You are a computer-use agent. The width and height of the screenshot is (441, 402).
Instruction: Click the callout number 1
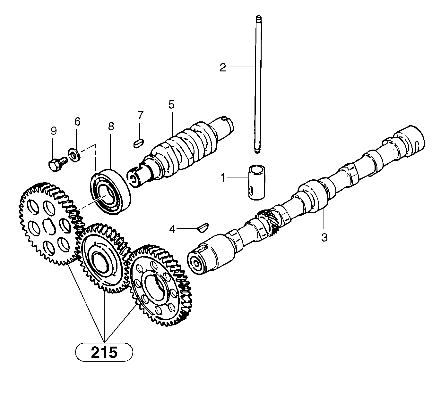coord(222,177)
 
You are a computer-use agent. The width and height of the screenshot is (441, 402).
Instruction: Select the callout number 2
coord(223,67)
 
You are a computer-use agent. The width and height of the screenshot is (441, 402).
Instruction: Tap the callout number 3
coord(324,237)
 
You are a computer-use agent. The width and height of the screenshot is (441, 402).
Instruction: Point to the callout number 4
coord(172,229)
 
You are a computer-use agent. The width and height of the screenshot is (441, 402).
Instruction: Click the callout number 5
coord(171,104)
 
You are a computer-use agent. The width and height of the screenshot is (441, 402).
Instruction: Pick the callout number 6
coord(77,121)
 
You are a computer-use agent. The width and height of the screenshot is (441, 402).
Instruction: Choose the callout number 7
coord(140,115)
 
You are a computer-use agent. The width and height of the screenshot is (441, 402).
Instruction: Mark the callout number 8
coord(111,127)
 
